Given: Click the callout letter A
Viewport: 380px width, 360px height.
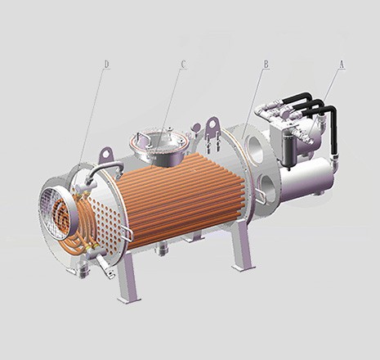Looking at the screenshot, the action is click(x=342, y=65).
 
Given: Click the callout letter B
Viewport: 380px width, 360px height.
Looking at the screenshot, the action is click(x=266, y=65).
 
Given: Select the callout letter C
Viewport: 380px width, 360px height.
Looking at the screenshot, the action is click(x=183, y=65).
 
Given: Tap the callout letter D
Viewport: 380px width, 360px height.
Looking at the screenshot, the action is click(x=107, y=65).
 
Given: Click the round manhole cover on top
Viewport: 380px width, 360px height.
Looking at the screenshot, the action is click(x=159, y=142).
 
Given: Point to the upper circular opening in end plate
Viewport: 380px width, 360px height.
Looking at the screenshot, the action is click(x=255, y=150).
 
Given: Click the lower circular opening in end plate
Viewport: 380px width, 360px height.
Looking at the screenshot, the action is click(x=267, y=187).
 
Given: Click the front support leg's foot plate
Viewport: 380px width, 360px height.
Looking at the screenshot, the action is click(x=129, y=299).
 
